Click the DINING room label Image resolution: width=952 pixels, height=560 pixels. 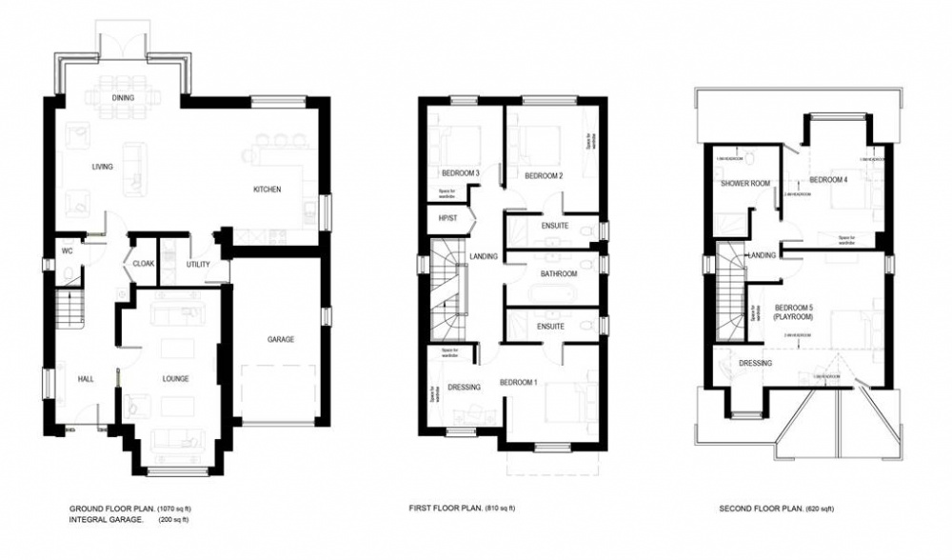[123, 98]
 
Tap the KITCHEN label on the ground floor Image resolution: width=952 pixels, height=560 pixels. [267, 190]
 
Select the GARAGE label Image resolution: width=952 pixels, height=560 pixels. [280, 340]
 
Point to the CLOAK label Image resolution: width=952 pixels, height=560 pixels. [144, 264]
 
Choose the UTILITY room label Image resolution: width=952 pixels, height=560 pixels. [198, 265]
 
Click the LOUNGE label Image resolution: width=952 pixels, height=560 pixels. [175, 379]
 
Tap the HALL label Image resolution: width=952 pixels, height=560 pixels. [86, 379]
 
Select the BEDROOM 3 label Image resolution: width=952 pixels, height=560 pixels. [460, 173]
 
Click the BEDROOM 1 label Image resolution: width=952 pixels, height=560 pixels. [518, 383]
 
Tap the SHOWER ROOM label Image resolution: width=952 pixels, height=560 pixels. [744, 183]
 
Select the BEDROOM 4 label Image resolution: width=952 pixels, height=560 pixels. [828, 179]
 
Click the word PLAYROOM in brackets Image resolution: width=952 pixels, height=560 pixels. [793, 317]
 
